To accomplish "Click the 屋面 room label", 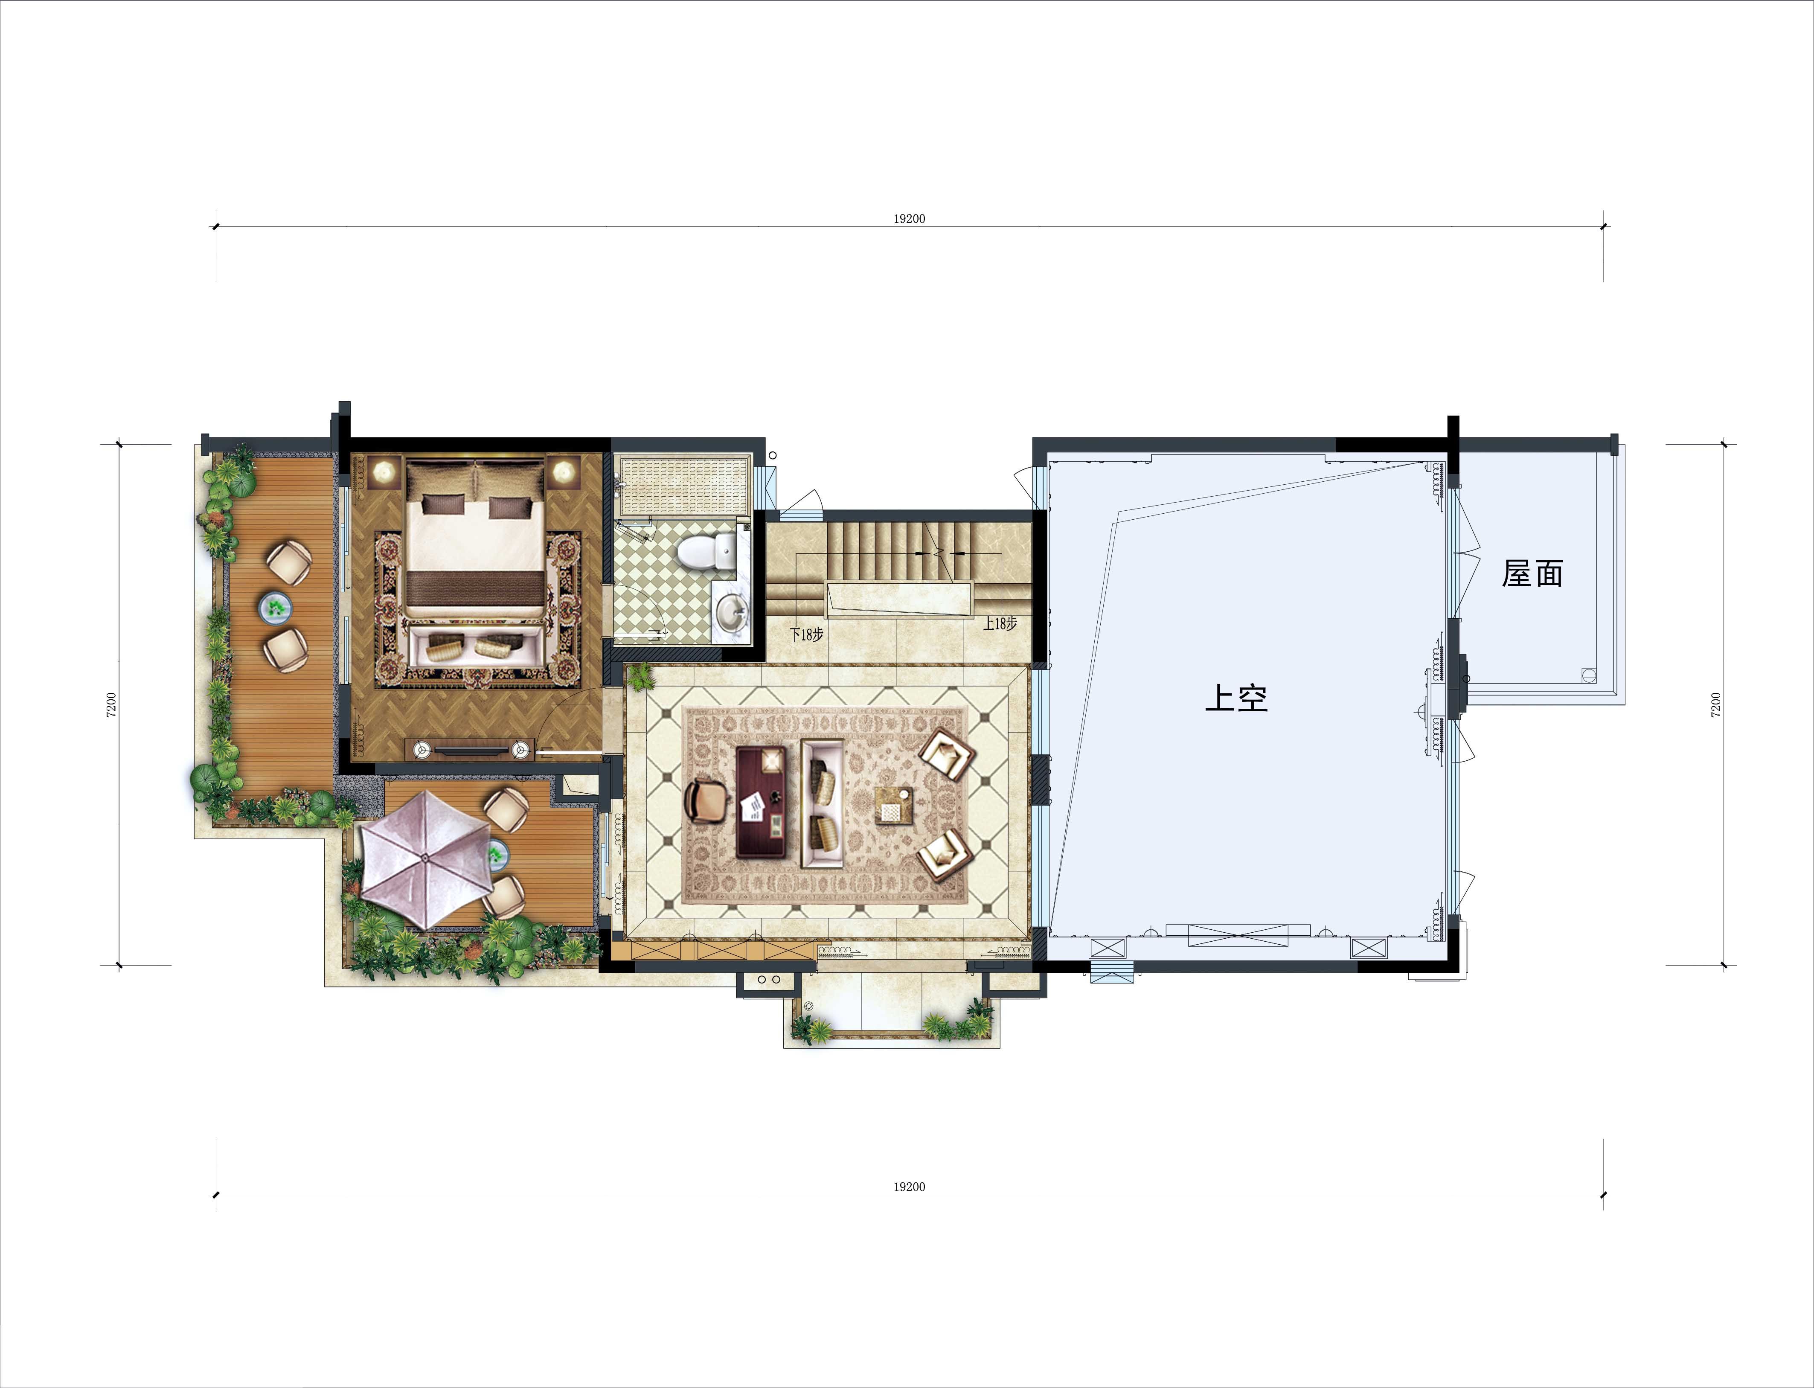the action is tap(1532, 573).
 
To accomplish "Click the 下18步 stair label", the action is tap(806, 634).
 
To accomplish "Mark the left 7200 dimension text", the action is tap(111, 704).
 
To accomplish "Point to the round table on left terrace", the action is tap(276, 607).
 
